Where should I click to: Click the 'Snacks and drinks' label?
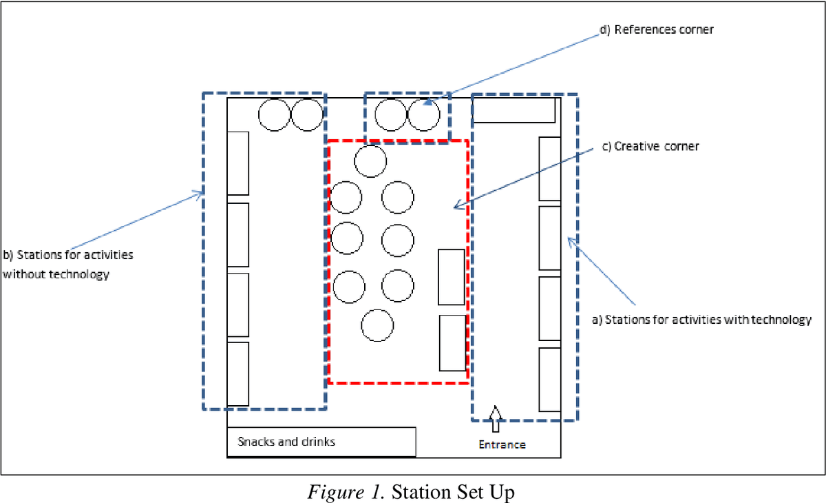pyautogui.click(x=286, y=442)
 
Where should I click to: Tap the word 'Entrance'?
pyautogui.click(x=502, y=444)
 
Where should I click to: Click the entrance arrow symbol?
pyautogui.click(x=496, y=419)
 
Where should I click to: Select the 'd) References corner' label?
pyautogui.click(x=657, y=30)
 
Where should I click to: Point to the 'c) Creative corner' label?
pyautogui.click(x=650, y=147)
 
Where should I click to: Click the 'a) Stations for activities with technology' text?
pyautogui.click(x=701, y=320)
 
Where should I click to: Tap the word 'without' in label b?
pyautogui.click(x=24, y=274)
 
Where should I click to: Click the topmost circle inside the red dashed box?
pyautogui.click(x=370, y=161)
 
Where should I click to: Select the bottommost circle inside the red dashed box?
pyautogui.click(x=377, y=325)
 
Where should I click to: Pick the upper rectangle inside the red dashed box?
pyautogui.click(x=452, y=277)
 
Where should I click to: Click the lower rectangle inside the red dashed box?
pyautogui.click(x=452, y=343)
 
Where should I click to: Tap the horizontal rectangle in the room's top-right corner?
pyautogui.click(x=514, y=110)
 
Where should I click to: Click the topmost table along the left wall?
pyautogui.click(x=238, y=163)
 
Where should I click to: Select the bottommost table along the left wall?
pyautogui.click(x=238, y=374)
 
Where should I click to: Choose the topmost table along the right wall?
pyautogui.click(x=550, y=169)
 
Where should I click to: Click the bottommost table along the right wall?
pyautogui.click(x=550, y=380)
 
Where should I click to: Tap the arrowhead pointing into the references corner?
pyautogui.click(x=427, y=102)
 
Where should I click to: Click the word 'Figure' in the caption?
pyautogui.click(x=335, y=492)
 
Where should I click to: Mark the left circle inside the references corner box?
pyautogui.click(x=391, y=115)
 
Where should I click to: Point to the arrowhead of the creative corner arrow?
pyautogui.click(x=457, y=205)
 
